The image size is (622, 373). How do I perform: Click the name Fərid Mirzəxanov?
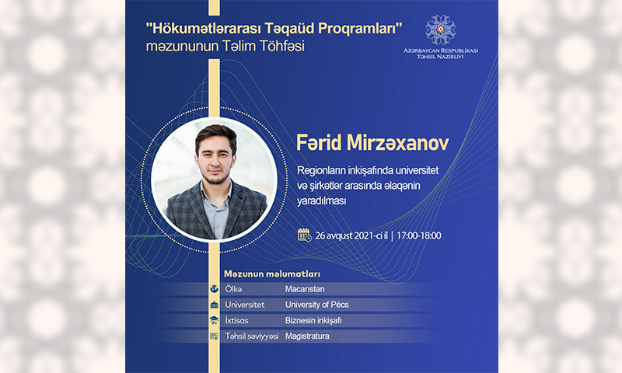372,143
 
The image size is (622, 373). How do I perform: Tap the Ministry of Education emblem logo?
440,30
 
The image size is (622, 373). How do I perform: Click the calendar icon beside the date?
304,235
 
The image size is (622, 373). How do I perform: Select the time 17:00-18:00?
418,236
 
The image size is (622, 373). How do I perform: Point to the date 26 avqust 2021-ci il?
351,236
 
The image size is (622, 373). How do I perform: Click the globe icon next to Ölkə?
215,289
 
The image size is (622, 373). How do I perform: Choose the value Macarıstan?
305,289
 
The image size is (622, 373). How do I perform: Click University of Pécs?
316,305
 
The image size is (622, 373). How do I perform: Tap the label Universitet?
245,305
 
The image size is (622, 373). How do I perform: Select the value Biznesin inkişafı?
313,320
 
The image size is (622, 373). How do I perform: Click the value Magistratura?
307,336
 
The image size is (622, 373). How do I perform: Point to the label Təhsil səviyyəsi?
252,336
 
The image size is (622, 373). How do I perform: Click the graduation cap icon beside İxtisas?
215,320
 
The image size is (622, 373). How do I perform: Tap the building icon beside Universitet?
215,305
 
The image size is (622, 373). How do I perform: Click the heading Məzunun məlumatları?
272,274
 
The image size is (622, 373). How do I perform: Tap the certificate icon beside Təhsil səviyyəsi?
215,336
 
